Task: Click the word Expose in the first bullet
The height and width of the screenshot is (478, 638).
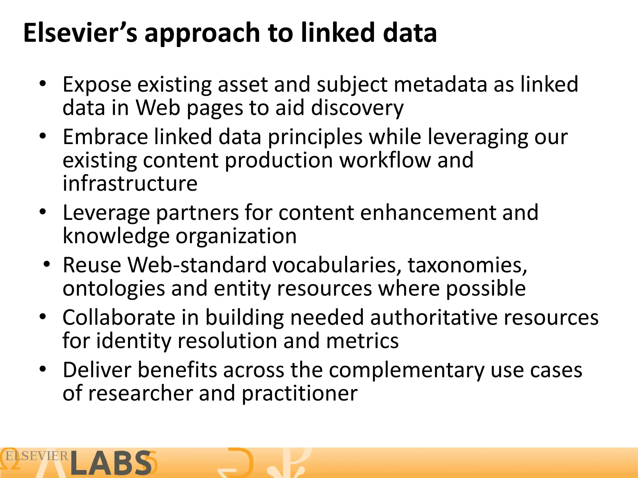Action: click(97, 85)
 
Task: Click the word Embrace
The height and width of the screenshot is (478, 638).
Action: click(105, 137)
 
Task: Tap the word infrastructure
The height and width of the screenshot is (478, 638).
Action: click(130, 183)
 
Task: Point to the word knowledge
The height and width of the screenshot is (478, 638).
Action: click(116, 236)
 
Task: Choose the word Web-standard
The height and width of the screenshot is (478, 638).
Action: click(197, 265)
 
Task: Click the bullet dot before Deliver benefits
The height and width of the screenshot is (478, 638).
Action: click(43, 369)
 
